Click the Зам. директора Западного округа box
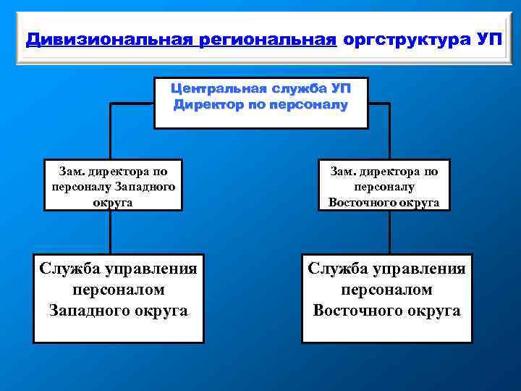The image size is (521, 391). click(x=113, y=185)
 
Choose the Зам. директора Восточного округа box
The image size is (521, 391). click(x=384, y=185)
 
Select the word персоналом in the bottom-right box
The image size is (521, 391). click(x=386, y=290)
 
